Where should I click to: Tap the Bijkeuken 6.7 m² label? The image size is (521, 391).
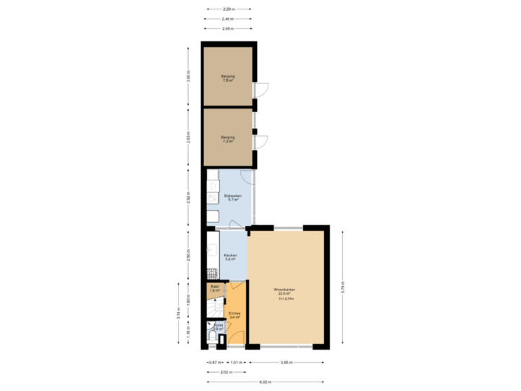coord(232,198)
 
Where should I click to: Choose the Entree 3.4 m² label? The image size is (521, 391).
coord(234,316)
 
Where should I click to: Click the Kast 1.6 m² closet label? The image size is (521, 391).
coord(214,288)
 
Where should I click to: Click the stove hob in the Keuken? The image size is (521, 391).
coord(211,274)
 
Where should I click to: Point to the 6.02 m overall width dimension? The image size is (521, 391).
coord(265,381)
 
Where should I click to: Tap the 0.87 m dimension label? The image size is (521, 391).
coord(213,362)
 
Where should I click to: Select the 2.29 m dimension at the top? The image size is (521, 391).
coord(227,9)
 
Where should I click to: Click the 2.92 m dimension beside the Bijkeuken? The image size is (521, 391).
coord(189,198)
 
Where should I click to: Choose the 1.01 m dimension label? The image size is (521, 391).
coord(236,362)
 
